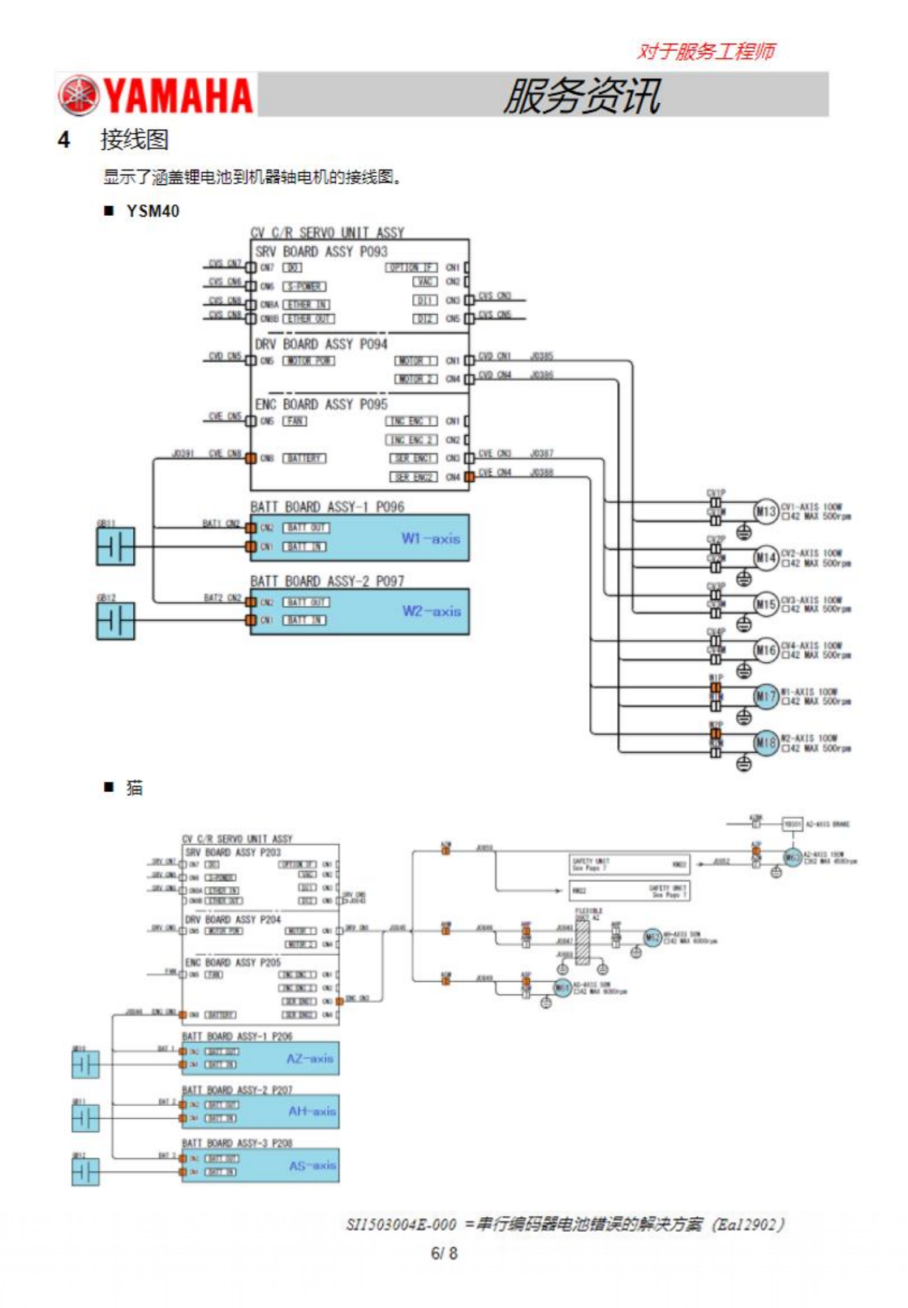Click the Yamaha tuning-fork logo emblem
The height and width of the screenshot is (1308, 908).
pyautogui.click(x=79, y=95)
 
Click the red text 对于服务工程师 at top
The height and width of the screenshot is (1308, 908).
pyautogui.click(x=705, y=51)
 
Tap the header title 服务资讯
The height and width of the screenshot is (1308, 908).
pyautogui.click(x=582, y=96)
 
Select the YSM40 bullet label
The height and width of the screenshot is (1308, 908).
pyautogui.click(x=153, y=211)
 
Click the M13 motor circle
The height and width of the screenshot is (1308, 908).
pyautogui.click(x=766, y=511)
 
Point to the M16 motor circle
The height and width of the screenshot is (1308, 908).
pyautogui.click(x=766, y=649)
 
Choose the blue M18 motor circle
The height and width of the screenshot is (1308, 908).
pyautogui.click(x=766, y=742)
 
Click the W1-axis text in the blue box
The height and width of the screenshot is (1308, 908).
pyautogui.click(x=430, y=538)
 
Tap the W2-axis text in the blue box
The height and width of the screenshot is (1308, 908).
pyautogui.click(x=431, y=611)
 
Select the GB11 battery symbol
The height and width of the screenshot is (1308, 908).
pyautogui.click(x=115, y=546)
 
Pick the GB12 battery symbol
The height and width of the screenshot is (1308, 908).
pyautogui.click(x=115, y=621)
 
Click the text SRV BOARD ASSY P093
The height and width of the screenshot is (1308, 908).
pyautogui.click(x=321, y=252)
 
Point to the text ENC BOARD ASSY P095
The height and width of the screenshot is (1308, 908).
pyautogui.click(x=321, y=404)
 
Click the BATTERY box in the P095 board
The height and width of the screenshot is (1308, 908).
pyautogui.click(x=304, y=458)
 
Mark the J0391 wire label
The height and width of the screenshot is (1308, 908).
pyautogui.click(x=183, y=454)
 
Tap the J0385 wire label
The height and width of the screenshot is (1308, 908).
pyautogui.click(x=541, y=356)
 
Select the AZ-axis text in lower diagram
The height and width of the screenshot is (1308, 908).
pyautogui.click(x=309, y=1058)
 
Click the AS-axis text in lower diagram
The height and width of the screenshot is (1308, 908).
pyautogui.click(x=312, y=1165)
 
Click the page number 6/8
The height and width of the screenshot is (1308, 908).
pyautogui.click(x=444, y=1253)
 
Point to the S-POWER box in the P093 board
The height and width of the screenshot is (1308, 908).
pyautogui.click(x=304, y=286)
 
